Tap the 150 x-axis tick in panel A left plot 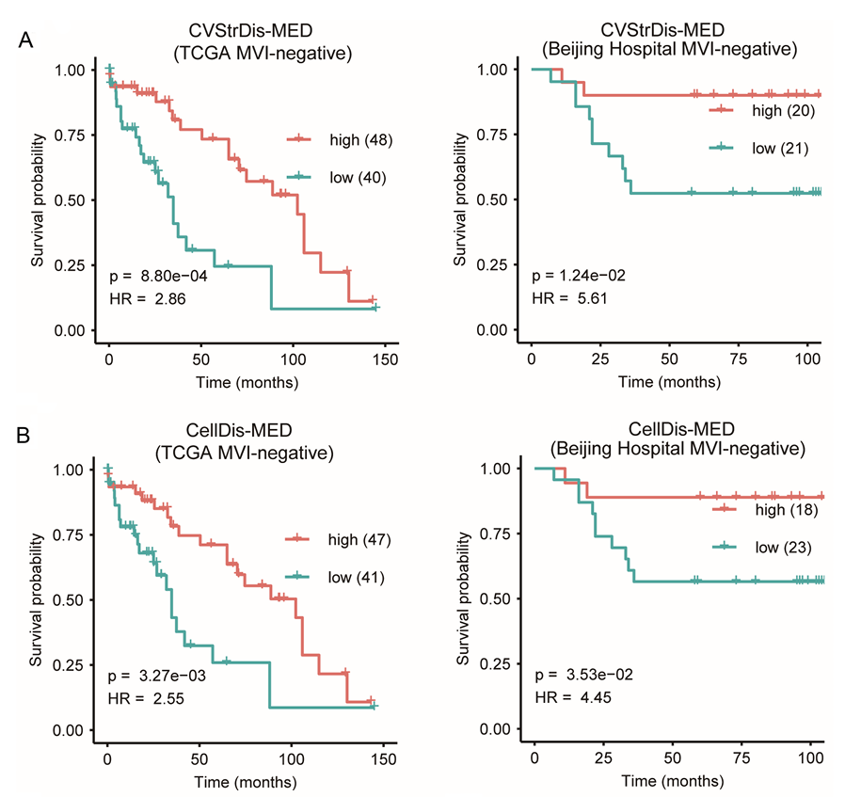coord(384,360)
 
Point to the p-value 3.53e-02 coord(583,675)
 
